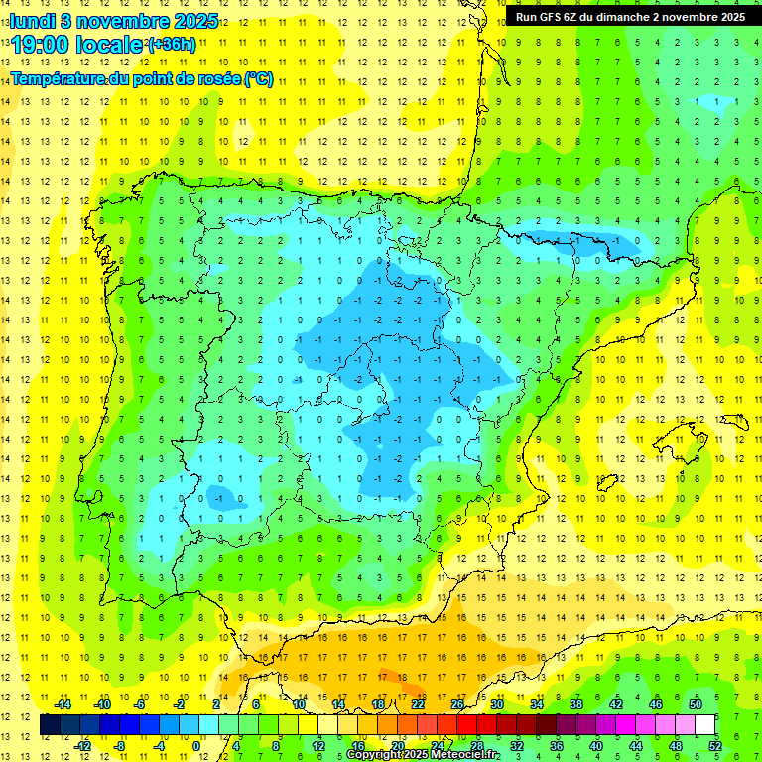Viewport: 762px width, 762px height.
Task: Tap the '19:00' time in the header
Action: point(40,45)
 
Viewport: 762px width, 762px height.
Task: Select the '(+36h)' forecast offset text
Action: point(171,45)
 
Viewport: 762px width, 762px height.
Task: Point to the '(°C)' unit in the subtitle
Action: point(259,79)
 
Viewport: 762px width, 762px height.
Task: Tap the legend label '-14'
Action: point(63,704)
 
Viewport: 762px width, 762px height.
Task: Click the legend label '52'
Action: point(715,745)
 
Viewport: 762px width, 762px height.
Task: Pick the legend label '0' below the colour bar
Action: point(195,745)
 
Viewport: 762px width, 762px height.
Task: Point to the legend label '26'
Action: point(457,704)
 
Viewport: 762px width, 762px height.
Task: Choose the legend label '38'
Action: point(576,704)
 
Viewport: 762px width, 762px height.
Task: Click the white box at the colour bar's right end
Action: point(705,724)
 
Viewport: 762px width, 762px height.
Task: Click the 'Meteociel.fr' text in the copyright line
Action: point(462,755)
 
